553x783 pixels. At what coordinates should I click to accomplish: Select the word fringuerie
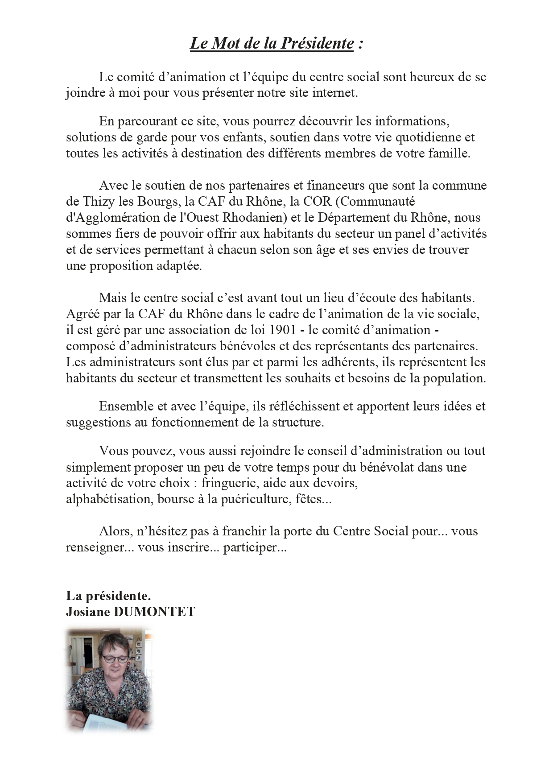coord(230,483)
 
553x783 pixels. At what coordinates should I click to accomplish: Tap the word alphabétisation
coord(109,499)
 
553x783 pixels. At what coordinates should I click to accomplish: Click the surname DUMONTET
coord(154,612)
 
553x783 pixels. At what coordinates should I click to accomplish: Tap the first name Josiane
coord(88,612)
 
